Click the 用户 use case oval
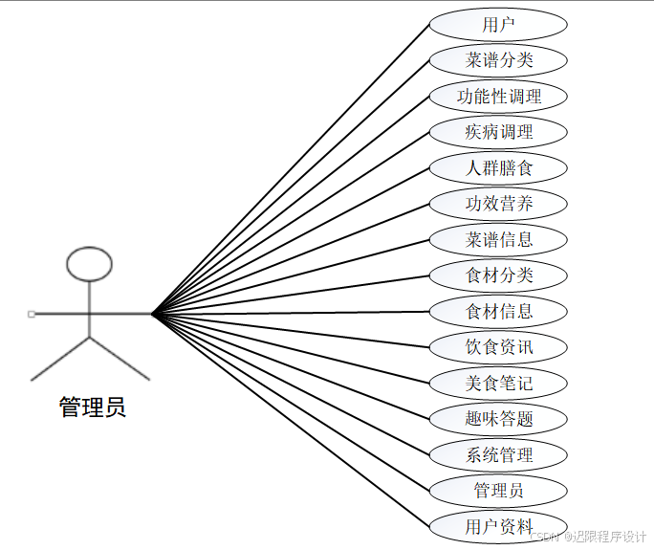[498, 25]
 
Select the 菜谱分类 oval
[498, 60]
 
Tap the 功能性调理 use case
[498, 97]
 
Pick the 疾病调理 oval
[498, 132]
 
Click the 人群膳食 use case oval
[498, 168]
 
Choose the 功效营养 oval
[498, 204]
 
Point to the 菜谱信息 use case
[498, 239]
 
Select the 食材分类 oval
[498, 275]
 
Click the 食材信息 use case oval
[498, 311]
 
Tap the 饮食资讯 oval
[498, 347]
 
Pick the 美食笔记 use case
[498, 384]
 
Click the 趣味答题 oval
[498, 419]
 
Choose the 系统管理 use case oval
[498, 455]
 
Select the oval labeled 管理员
[498, 491]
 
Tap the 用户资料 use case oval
[498, 526]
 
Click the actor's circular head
[89, 264]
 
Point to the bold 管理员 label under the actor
[92, 407]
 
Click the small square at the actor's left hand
[32, 313]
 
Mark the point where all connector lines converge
[153, 313]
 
